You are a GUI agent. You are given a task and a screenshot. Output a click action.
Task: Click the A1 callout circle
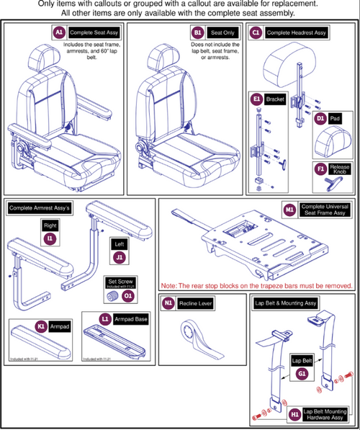(59, 32)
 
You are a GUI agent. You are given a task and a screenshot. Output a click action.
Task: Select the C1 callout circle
(256, 32)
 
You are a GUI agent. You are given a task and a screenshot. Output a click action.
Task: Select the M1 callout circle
(289, 209)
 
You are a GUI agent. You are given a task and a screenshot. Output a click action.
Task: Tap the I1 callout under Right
(50, 237)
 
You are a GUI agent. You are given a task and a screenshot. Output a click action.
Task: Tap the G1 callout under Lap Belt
(301, 374)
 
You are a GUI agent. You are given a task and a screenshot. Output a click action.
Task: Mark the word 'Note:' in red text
(173, 287)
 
